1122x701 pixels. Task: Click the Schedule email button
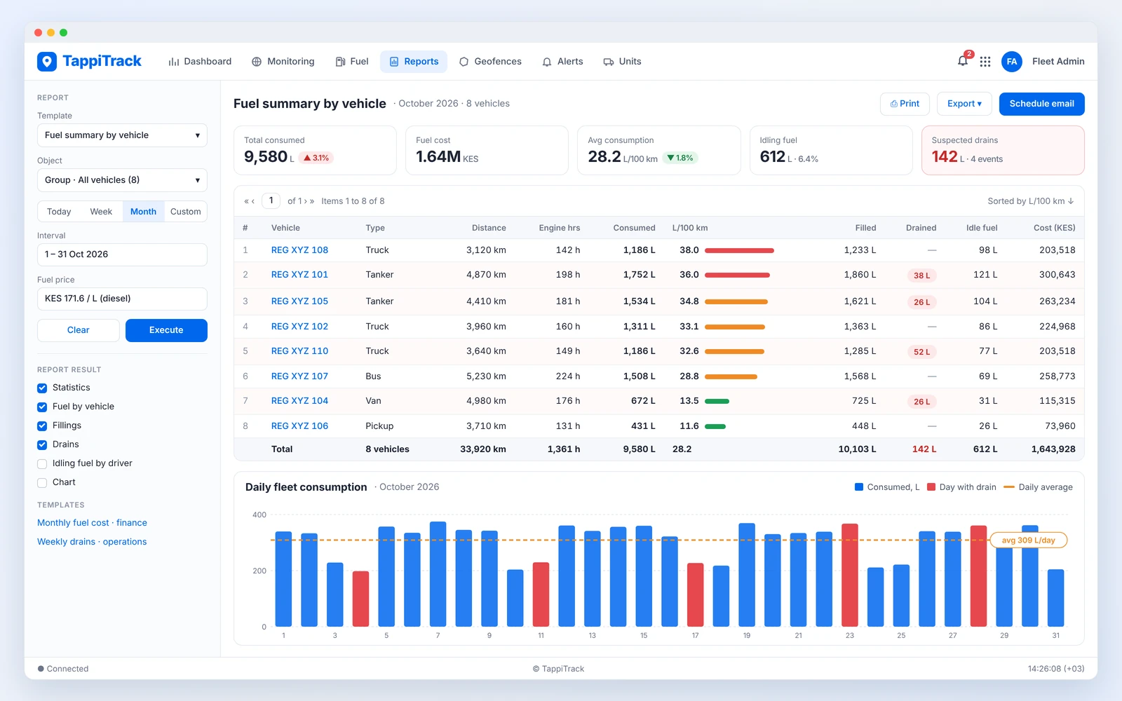tap(1041, 104)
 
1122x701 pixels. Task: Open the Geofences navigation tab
tap(490, 62)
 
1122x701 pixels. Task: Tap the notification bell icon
tap(962, 62)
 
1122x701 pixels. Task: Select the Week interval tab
tap(101, 211)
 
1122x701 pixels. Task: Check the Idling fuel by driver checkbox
tap(42, 463)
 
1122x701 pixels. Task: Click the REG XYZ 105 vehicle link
tap(299, 301)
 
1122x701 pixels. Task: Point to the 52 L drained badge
tap(921, 351)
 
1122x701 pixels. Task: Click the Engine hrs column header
tap(559, 228)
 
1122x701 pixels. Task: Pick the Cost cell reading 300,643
tap(1057, 274)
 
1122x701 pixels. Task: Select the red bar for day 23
tap(849, 575)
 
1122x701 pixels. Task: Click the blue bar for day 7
tap(438, 574)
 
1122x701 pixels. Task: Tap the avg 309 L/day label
tap(1028, 540)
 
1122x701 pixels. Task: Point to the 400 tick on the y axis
tap(259, 515)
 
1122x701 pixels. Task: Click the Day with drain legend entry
tap(961, 487)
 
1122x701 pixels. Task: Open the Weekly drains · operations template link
tap(92, 542)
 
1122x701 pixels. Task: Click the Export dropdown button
tap(964, 104)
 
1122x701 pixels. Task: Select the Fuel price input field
tap(122, 299)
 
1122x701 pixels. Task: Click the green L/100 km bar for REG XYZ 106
tap(715, 427)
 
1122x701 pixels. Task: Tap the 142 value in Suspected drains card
tap(944, 157)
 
